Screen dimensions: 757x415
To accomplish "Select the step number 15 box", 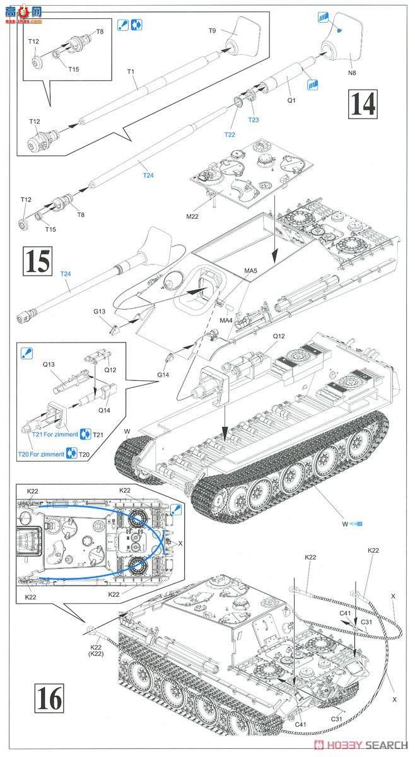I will pyautogui.click(x=37, y=262).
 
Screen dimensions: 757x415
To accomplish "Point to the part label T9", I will pyautogui.click(x=213, y=30).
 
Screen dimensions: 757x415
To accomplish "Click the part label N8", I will pyautogui.click(x=351, y=73).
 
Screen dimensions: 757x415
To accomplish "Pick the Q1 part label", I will pyautogui.click(x=291, y=100).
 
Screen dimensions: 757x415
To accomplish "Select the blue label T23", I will pyautogui.click(x=254, y=120).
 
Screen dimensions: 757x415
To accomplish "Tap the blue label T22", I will pyautogui.click(x=230, y=134).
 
